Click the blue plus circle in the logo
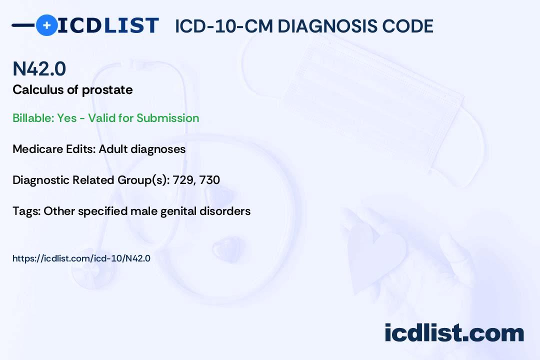[x=46, y=25]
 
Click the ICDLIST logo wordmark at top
[x=108, y=25]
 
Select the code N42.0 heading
[x=39, y=69]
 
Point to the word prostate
[x=108, y=90]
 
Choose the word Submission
[x=167, y=118]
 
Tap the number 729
[x=182, y=180]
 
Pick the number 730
[x=209, y=180]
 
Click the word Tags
[x=25, y=211]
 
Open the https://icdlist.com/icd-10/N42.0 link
[x=81, y=258]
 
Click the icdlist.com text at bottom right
[x=454, y=332]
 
